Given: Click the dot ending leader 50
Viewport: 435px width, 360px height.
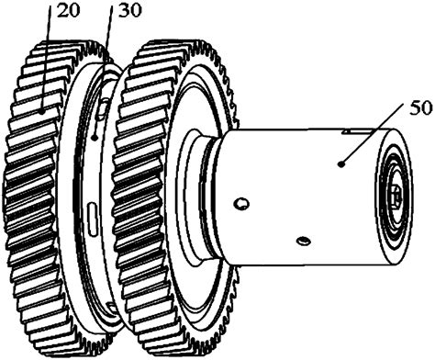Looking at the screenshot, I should [x=340, y=163].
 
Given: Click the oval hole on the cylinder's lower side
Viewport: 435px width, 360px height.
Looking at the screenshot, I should [x=303, y=241].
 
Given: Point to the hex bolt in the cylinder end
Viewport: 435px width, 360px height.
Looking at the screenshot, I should [x=395, y=195].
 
